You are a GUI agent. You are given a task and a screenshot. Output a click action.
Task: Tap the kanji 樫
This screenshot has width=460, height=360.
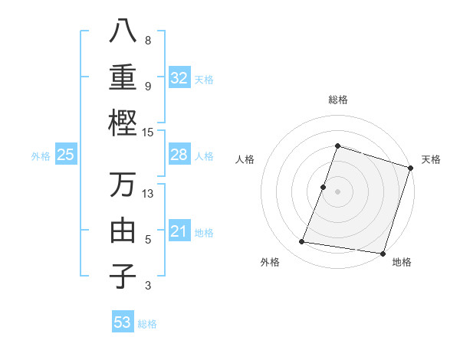click(123, 122)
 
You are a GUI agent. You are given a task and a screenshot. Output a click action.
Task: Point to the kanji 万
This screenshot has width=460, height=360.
click(123, 185)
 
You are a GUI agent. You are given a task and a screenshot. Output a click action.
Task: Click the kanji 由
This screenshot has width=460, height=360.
click(123, 230)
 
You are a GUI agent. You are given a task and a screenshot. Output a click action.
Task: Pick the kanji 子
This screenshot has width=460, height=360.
click(123, 276)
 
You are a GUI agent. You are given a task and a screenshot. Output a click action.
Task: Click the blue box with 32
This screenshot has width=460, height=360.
click(179, 77)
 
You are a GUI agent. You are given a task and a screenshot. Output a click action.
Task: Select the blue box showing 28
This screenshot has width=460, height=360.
click(179, 155)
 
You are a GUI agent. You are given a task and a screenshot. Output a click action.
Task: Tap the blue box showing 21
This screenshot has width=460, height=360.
click(179, 231)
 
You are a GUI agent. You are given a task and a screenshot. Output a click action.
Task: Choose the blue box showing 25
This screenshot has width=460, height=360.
click(66, 155)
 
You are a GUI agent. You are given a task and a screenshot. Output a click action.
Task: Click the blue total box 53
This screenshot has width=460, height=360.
click(123, 322)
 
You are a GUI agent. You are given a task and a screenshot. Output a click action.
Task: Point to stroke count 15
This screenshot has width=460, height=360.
click(149, 132)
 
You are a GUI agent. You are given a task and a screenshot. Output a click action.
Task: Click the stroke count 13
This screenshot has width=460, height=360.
click(149, 193)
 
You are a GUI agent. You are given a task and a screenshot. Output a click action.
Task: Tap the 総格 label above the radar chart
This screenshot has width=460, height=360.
click(337, 100)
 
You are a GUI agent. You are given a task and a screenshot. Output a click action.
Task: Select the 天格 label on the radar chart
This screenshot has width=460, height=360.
click(431, 159)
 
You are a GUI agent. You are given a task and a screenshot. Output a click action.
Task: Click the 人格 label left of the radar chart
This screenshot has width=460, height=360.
click(245, 159)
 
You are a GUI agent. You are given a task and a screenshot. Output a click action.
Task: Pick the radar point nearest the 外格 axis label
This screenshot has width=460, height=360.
click(302, 242)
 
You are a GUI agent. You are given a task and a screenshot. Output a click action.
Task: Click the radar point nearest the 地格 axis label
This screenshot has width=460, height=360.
click(383, 253)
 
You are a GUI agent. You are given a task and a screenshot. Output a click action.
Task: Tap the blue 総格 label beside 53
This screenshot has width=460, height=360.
click(147, 323)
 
